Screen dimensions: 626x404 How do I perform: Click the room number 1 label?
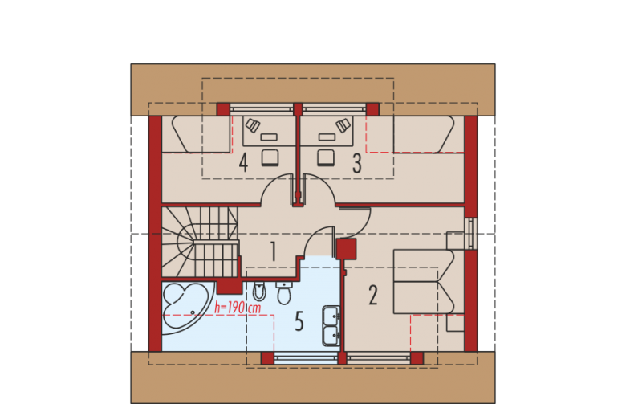273,251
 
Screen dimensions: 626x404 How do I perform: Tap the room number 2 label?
373,295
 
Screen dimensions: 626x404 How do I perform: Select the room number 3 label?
357,163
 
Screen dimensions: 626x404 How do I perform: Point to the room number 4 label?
243,162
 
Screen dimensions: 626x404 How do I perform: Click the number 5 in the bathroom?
299,321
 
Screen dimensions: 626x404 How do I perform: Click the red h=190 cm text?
238,308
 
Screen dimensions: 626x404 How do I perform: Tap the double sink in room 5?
331,325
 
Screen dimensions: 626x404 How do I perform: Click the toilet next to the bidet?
284,293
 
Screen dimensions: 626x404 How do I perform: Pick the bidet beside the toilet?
259,292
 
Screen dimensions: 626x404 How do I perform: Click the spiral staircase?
200,242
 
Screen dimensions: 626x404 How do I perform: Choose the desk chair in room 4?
270,157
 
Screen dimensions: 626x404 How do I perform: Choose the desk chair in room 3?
326,157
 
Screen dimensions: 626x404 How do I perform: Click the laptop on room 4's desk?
253,125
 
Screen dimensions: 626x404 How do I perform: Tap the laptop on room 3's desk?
343,125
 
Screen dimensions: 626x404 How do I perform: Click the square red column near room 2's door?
346,249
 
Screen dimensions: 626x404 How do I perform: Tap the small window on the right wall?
471,234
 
